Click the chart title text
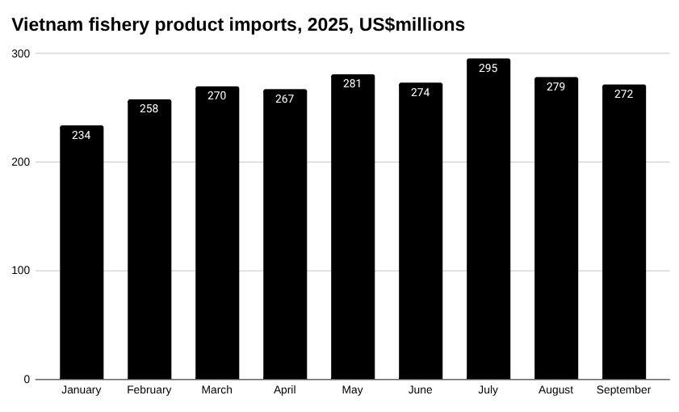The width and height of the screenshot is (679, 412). [238, 25]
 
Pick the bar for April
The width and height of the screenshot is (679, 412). [285, 238]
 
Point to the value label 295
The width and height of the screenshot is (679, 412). [488, 68]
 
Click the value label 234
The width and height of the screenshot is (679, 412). [82, 135]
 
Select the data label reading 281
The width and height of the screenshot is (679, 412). [353, 83]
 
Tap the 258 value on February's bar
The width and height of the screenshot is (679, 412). [149, 108]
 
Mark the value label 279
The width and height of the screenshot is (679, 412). [556, 86]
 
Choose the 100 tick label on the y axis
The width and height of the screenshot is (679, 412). [21, 271]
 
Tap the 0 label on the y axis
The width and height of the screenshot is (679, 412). [27, 379]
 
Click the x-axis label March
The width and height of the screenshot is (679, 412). [217, 389]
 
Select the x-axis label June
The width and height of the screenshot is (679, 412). [421, 389]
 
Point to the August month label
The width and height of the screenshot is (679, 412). [556, 389]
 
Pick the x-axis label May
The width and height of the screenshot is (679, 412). [353, 390]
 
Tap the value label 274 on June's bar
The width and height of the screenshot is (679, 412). [421, 92]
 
